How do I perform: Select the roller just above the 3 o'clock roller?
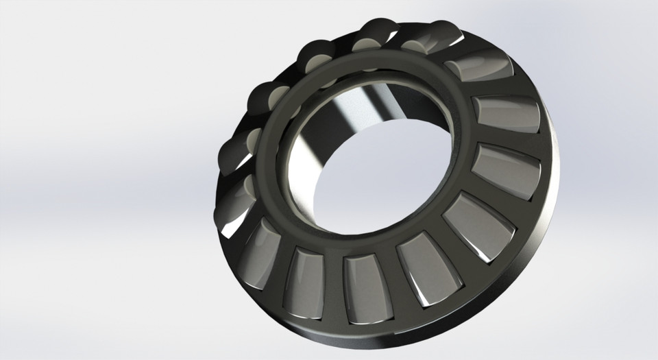click(x=508, y=113)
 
